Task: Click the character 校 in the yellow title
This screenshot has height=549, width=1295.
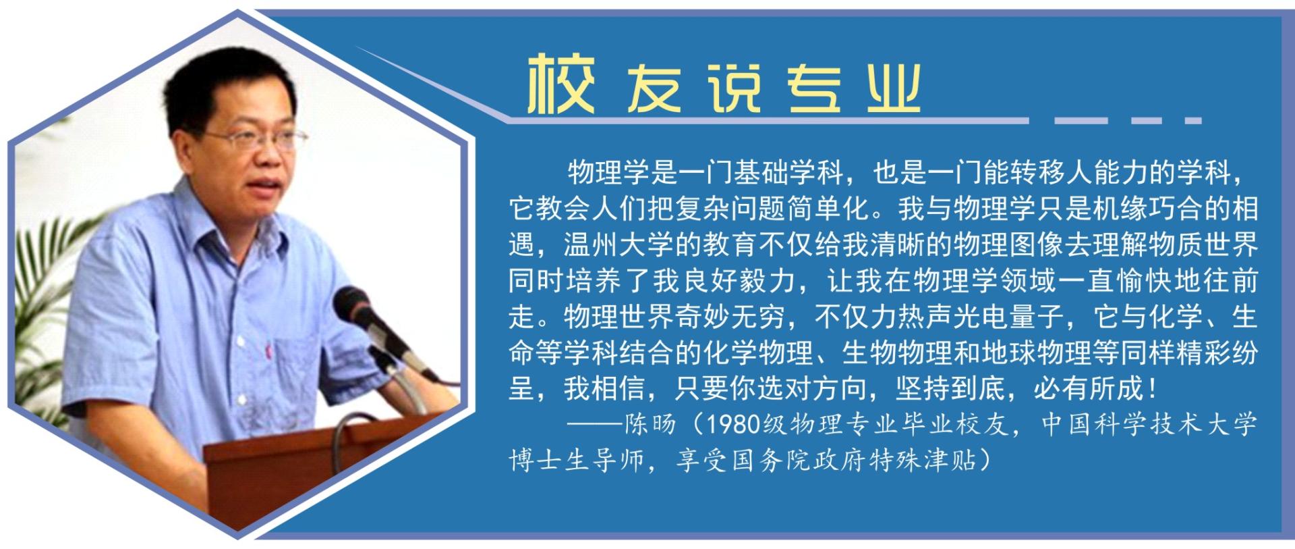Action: [560, 84]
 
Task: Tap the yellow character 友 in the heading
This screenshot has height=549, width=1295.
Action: [654, 88]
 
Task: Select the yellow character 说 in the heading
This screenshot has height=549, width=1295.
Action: [735, 88]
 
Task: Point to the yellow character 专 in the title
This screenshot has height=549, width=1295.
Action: [815, 88]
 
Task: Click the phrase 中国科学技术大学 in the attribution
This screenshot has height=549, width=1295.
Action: [1149, 424]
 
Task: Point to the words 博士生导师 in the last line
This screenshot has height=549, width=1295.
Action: [577, 461]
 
